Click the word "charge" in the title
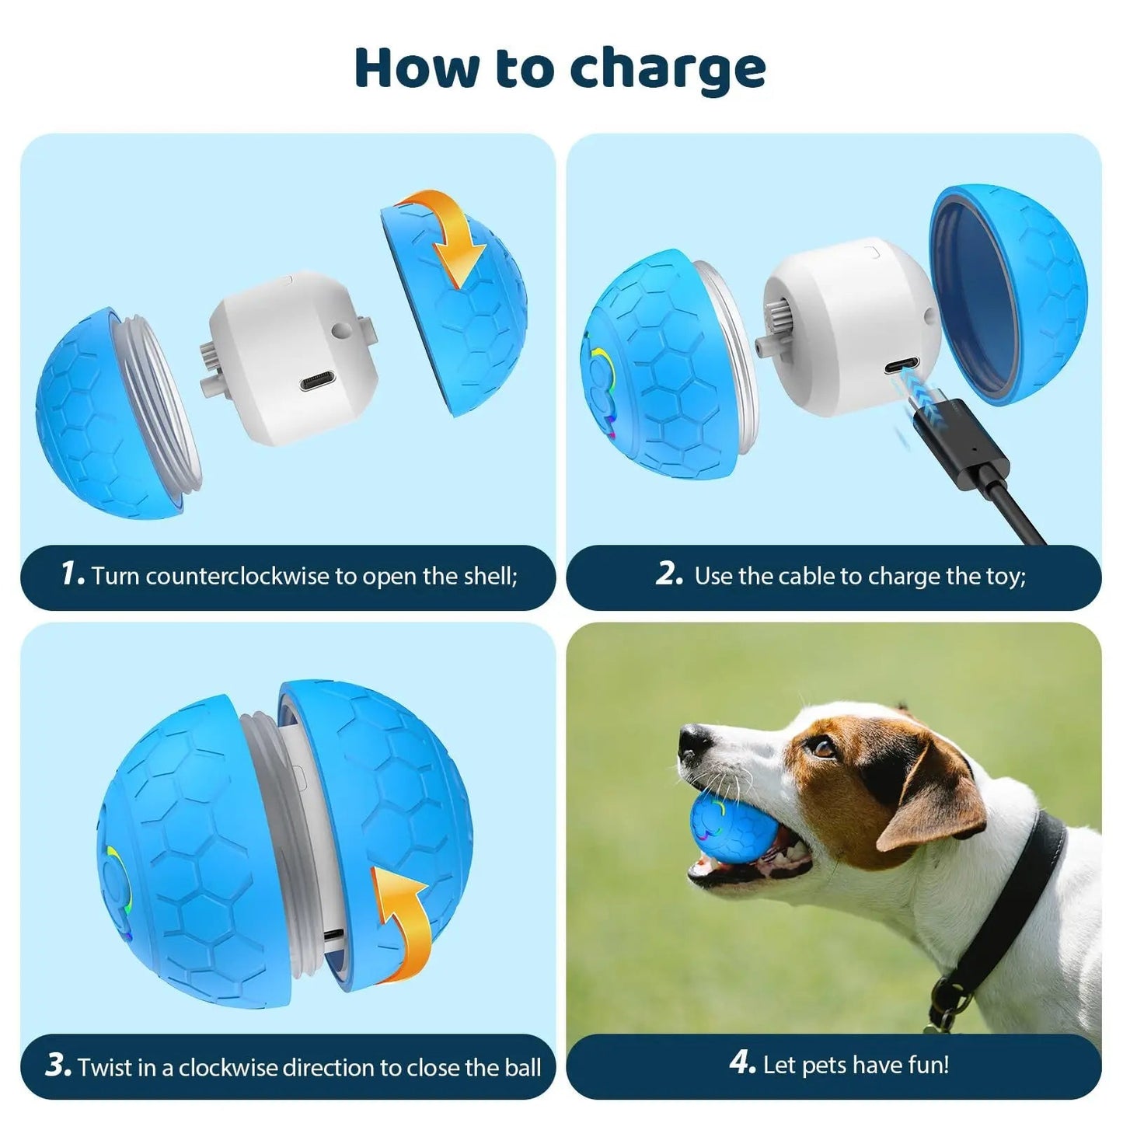click(x=668, y=68)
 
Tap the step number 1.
click(x=71, y=574)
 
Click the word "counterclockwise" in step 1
click(x=238, y=576)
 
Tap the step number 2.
click(x=668, y=574)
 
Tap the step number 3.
click(x=58, y=1065)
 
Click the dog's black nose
click(x=691, y=741)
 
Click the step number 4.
click(x=742, y=1064)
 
